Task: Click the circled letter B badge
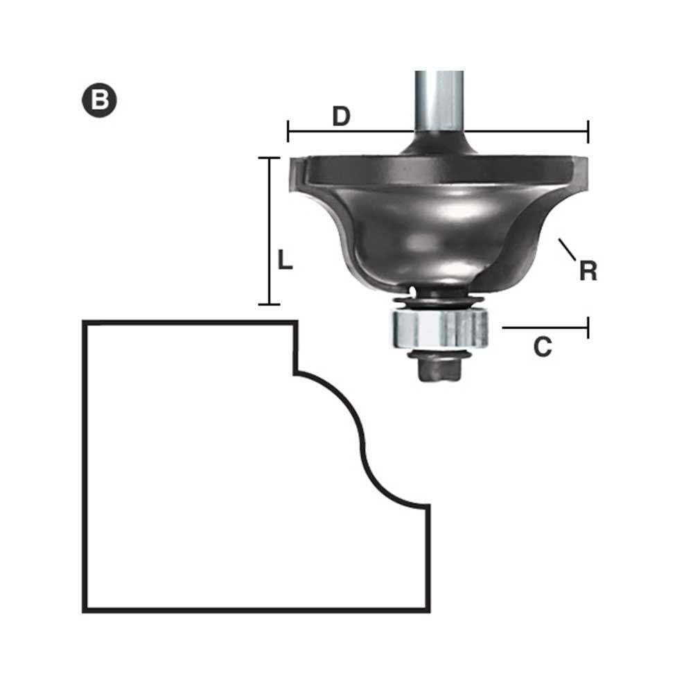99,100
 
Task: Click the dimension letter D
341,116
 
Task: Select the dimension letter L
285,260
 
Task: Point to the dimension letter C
543,347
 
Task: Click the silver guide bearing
439,328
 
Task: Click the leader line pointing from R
567,249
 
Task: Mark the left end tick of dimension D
288,131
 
